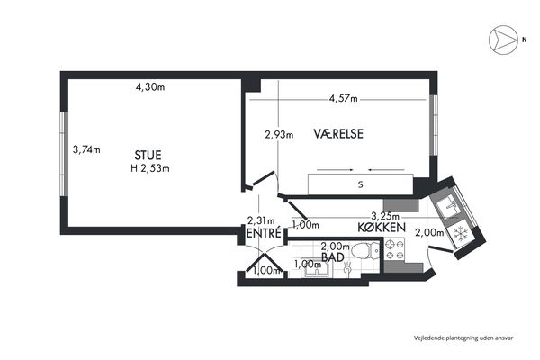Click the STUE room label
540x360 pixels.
148,156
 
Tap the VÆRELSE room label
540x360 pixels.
338,134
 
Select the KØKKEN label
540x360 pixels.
382,228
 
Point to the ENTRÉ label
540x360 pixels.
264,233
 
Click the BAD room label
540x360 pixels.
333,257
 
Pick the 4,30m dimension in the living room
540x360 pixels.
150,87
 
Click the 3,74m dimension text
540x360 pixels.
86,150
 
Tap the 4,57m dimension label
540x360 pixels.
344,99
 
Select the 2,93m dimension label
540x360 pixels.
279,134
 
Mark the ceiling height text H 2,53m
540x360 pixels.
150,168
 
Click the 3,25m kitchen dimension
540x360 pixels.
385,216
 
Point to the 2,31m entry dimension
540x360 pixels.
261,220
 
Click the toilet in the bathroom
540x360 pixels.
366,251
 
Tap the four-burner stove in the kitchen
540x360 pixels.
395,250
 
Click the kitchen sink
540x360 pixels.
449,207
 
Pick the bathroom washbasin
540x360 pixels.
315,268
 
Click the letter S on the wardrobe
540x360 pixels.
361,184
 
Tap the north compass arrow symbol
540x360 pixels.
503,40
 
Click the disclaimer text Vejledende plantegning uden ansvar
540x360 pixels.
463,338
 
